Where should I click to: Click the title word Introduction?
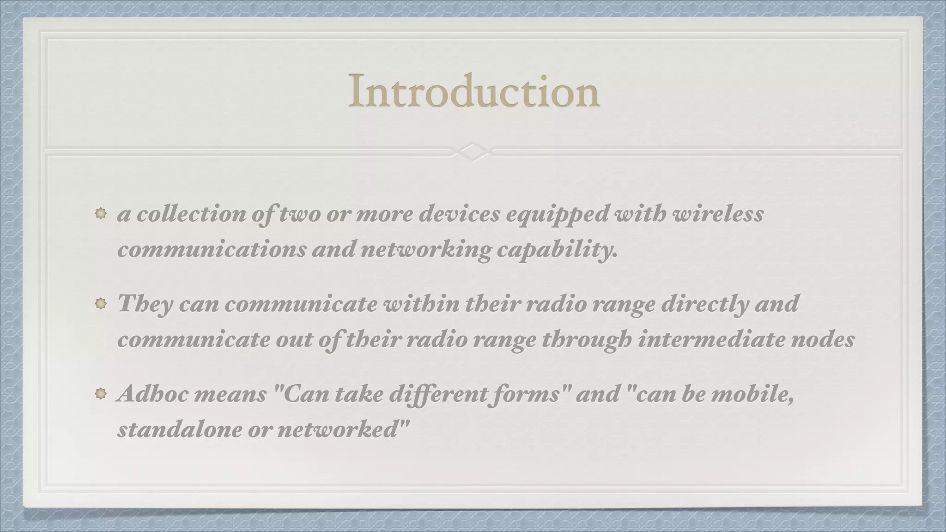coord(474,91)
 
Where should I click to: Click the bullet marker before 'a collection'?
coord(101,213)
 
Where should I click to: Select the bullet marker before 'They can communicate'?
coord(101,304)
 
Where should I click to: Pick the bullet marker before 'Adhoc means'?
coord(101,394)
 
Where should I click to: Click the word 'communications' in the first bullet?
coord(212,250)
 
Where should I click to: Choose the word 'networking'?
coord(425,250)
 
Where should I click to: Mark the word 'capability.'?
coord(557,250)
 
